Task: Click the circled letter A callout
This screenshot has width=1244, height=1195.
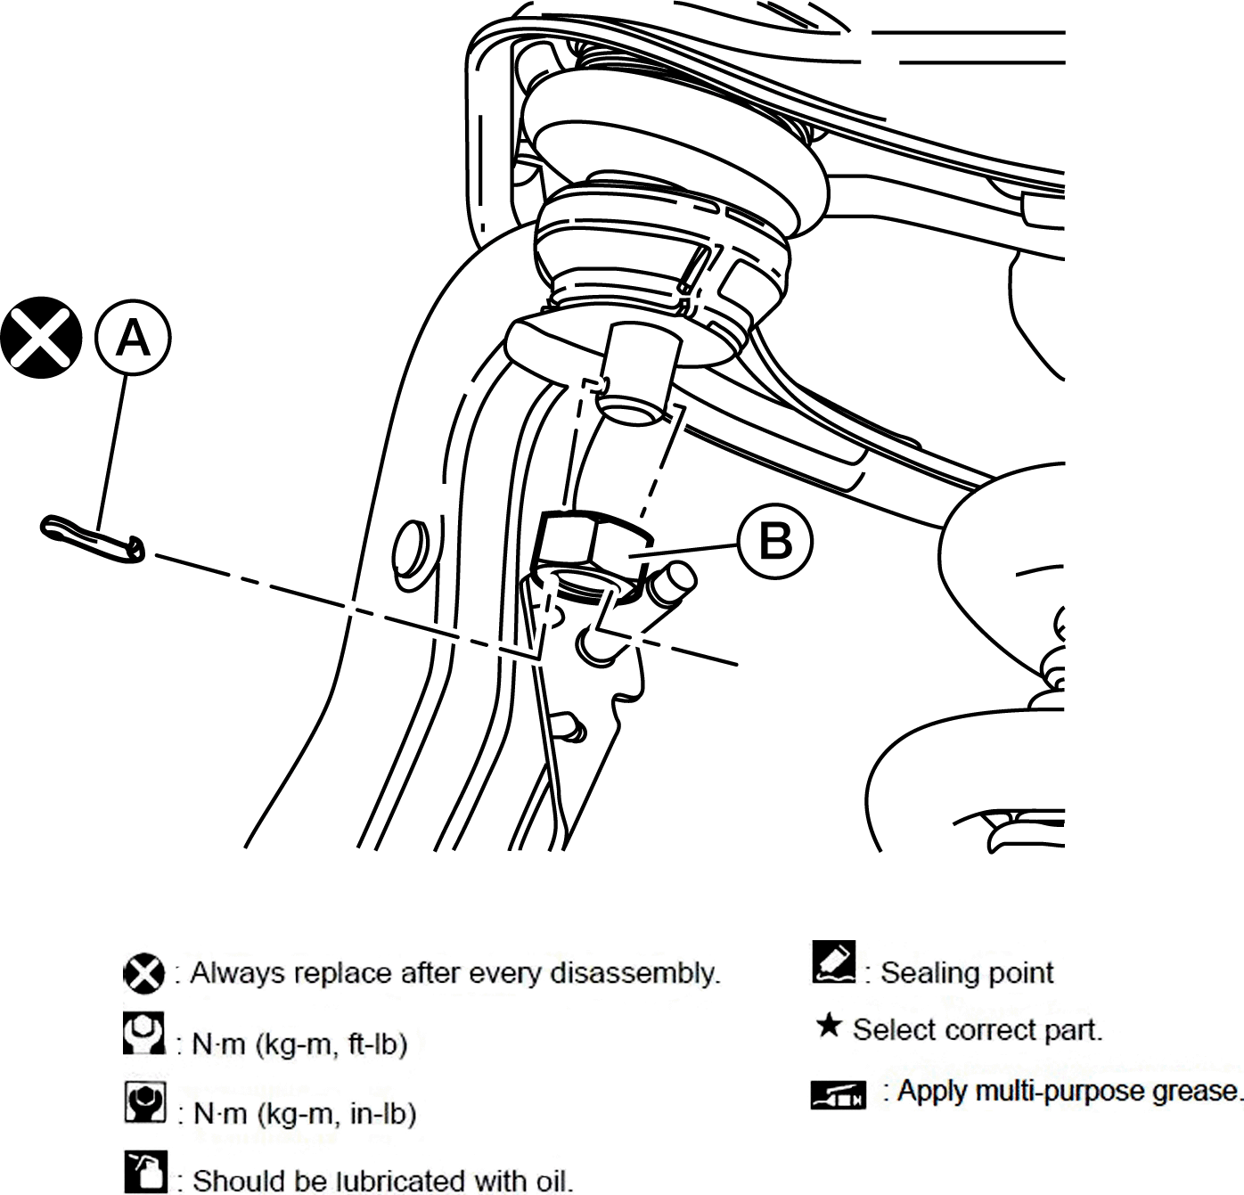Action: pos(133,338)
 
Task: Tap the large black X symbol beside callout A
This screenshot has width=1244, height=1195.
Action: pos(41,338)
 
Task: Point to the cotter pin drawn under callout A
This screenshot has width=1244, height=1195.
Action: pos(93,539)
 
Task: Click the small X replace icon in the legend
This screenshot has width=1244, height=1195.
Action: pos(143,973)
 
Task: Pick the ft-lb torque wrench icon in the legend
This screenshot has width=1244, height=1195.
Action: pos(143,1033)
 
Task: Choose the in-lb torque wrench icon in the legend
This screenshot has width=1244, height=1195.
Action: pos(145,1101)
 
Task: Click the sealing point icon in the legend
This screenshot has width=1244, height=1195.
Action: pos(833,962)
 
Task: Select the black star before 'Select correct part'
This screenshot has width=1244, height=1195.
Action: pos(829,1027)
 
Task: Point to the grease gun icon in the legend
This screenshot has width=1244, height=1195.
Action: pos(839,1094)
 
